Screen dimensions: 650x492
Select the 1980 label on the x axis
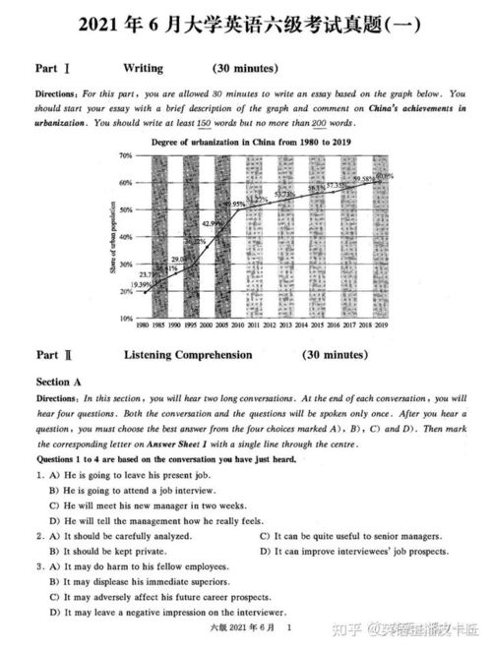click(x=143, y=325)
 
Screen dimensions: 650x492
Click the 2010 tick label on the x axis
click(x=238, y=325)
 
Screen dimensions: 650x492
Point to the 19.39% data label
click(x=140, y=284)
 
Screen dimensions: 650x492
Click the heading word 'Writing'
click(x=143, y=69)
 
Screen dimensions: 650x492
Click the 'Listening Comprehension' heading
click(x=188, y=355)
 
